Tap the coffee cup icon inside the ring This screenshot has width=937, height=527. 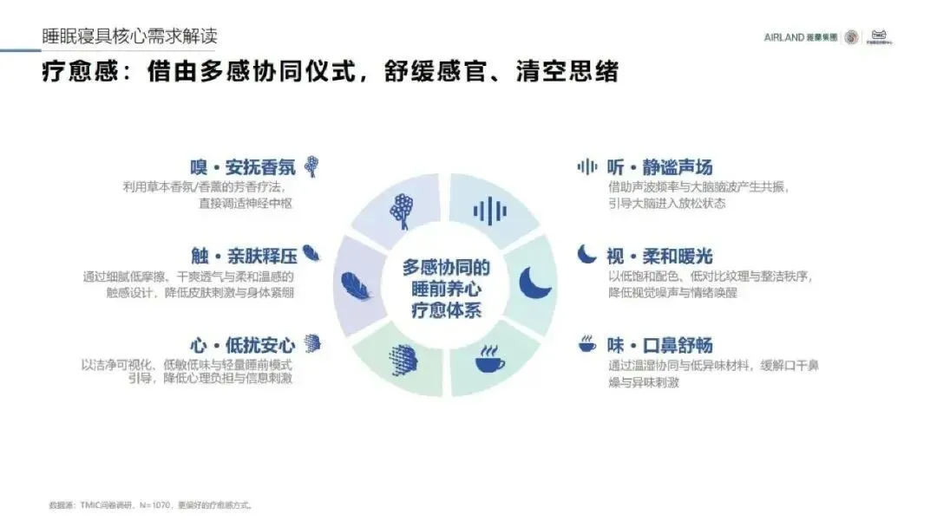click(490, 357)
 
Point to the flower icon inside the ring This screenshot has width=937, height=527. click(401, 211)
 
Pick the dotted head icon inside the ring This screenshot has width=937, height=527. click(402, 357)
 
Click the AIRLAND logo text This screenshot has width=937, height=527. click(783, 37)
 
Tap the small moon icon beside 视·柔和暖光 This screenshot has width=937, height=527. click(587, 255)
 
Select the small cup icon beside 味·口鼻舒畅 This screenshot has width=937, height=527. click(587, 343)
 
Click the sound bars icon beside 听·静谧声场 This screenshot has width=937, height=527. click(587, 166)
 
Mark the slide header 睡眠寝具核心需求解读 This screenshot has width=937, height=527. click(130, 36)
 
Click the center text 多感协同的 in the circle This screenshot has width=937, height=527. click(446, 266)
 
